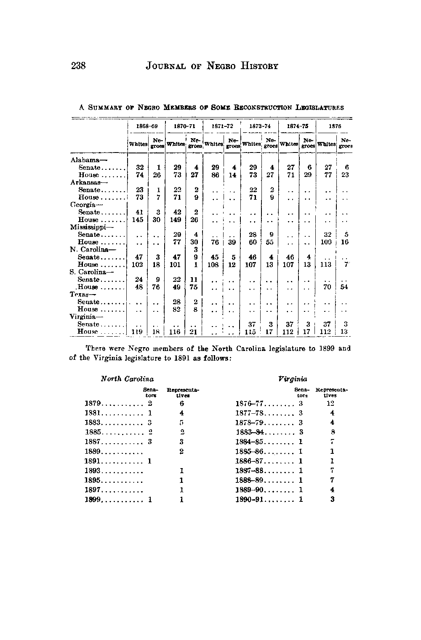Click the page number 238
[x=79, y=66]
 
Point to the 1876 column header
[x=335, y=126]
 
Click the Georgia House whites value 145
[x=137, y=220]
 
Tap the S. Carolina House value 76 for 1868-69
[x=156, y=287]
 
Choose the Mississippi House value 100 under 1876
[x=326, y=242]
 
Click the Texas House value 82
[x=177, y=309]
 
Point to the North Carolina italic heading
[x=127, y=379]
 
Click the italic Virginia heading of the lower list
[x=293, y=379]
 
